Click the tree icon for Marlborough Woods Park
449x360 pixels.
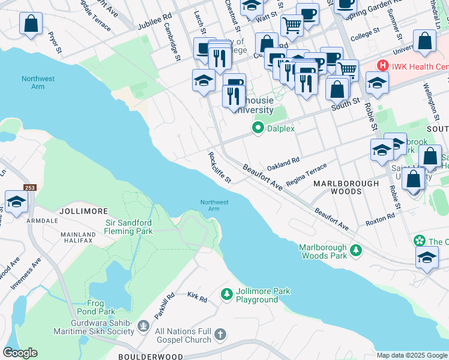[x=356, y=249]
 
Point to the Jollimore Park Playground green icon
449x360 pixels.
[x=226, y=293]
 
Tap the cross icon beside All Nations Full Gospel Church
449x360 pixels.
[x=220, y=334]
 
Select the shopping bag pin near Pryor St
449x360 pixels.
[x=31, y=24]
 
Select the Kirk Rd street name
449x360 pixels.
[x=196, y=298]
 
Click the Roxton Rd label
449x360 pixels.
[x=380, y=220]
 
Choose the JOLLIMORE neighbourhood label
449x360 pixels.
[x=83, y=212]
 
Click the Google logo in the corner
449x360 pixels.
[x=20, y=353]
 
